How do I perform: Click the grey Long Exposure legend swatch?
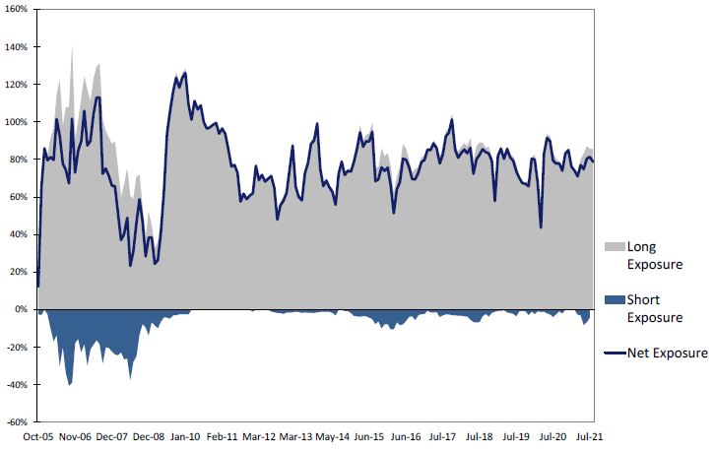coord(614,247)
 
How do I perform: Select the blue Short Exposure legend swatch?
coord(614,300)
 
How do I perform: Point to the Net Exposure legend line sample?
coord(614,353)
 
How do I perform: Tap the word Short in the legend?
coord(643,299)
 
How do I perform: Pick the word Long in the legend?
coord(641,246)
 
